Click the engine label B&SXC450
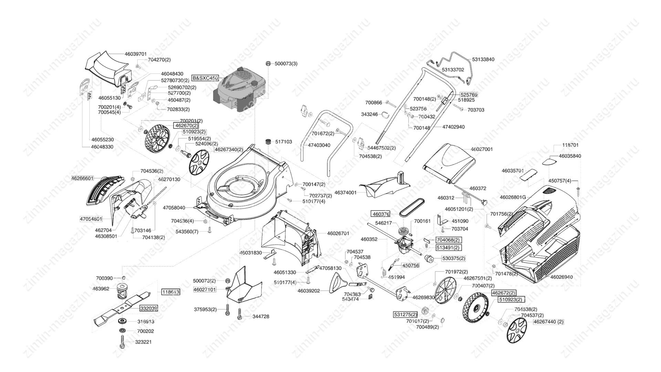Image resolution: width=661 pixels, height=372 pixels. (x=205, y=78)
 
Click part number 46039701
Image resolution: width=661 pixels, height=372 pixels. (x=136, y=54)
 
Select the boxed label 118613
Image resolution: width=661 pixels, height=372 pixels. (x=171, y=292)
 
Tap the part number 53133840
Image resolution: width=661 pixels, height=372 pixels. (x=483, y=59)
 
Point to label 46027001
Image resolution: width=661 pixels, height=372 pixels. (x=482, y=149)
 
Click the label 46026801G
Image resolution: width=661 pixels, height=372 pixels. (x=513, y=197)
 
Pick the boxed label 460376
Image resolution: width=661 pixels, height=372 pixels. (x=381, y=214)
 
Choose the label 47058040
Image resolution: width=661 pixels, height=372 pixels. (x=174, y=208)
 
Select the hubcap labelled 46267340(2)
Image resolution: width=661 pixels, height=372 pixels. (x=199, y=162)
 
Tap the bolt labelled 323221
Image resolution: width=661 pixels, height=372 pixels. (x=122, y=342)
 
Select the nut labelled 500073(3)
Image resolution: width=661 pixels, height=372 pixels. (x=268, y=63)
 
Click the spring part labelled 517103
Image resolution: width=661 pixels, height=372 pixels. (x=268, y=142)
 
